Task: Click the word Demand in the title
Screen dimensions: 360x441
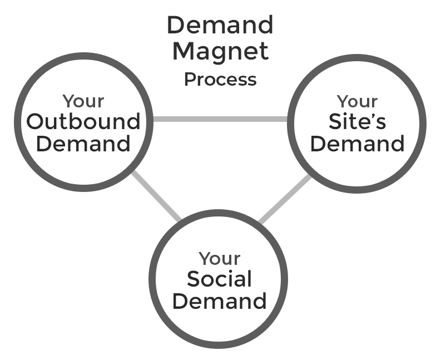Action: pyautogui.click(x=220, y=25)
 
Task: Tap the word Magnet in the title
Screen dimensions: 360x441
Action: pyautogui.click(x=220, y=51)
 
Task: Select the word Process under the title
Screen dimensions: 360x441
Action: pyautogui.click(x=220, y=79)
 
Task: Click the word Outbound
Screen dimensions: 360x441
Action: pyautogui.click(x=83, y=121)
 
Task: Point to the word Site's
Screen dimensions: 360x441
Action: pyautogui.click(x=357, y=121)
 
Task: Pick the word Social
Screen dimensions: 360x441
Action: pyautogui.click(x=219, y=279)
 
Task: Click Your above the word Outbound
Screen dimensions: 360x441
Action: pyautogui.click(x=83, y=101)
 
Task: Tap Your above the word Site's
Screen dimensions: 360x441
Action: pyautogui.click(x=357, y=101)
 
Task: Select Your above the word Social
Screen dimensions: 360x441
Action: pyautogui.click(x=219, y=259)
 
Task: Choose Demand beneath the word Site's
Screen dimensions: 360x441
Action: pyautogui.click(x=357, y=144)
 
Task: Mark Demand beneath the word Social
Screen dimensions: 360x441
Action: pyautogui.click(x=219, y=301)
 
